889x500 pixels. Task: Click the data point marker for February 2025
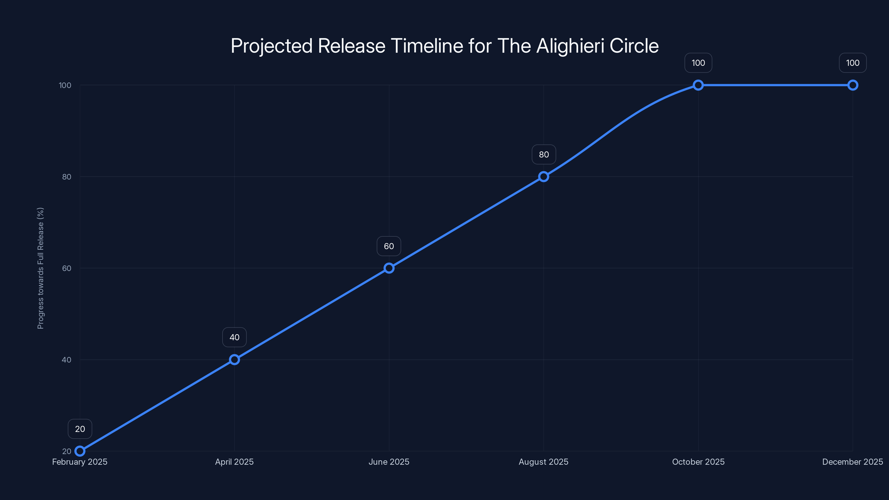(x=80, y=451)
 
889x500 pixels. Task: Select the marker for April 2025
(x=234, y=359)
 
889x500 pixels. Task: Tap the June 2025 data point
(x=389, y=268)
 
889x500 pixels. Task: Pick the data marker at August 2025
(x=544, y=177)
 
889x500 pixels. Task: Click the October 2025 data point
(x=698, y=85)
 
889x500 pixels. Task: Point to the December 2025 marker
(x=853, y=85)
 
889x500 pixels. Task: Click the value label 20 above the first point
(x=80, y=429)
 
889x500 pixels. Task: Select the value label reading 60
(x=389, y=246)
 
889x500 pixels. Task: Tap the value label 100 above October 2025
(x=698, y=63)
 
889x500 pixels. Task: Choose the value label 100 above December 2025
(x=853, y=63)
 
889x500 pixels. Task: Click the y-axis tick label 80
(x=67, y=177)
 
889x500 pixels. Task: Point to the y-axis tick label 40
(x=67, y=359)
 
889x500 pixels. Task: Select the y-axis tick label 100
(x=65, y=85)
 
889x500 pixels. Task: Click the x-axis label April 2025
(x=234, y=462)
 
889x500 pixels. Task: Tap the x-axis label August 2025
(x=544, y=462)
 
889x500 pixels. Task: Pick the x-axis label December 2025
(x=852, y=462)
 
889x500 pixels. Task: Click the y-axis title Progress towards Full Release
(x=40, y=268)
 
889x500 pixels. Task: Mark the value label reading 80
(x=544, y=155)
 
